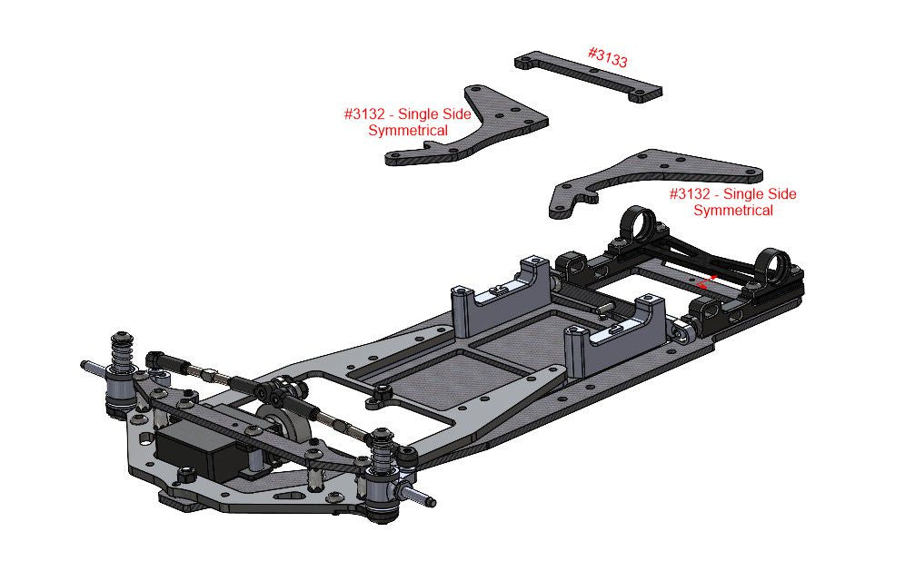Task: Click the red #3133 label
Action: [608, 57]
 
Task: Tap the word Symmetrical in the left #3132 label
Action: [408, 131]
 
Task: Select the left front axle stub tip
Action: [85, 366]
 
